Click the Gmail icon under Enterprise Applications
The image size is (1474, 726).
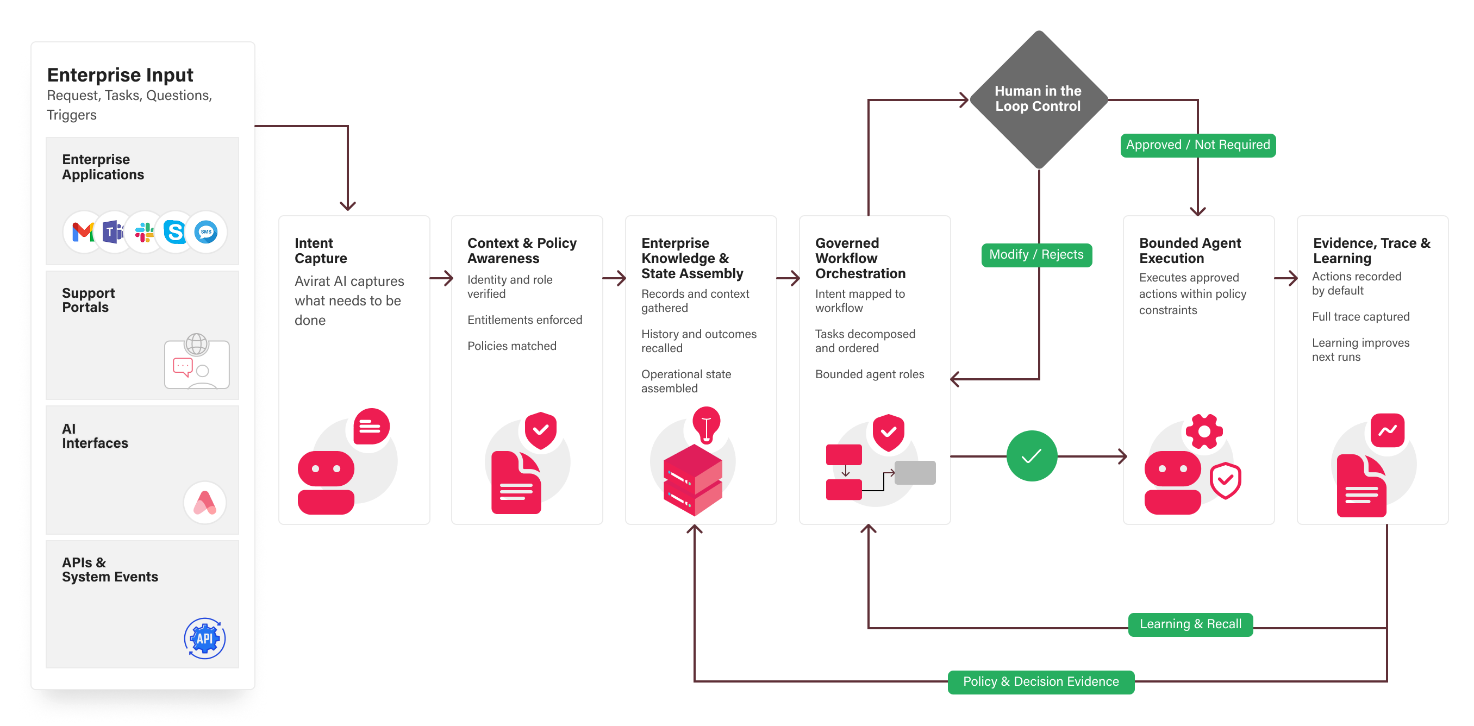[84, 231]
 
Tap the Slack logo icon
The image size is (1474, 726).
[144, 231]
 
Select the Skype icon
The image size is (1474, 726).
[174, 231]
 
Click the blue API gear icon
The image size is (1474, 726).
[205, 639]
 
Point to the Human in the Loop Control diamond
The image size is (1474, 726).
[1038, 99]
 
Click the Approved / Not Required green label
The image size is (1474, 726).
[1198, 145]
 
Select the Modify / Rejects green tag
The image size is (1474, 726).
[1036, 254]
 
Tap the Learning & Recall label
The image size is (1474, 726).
[1190, 624]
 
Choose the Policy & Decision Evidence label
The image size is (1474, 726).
[1041, 682]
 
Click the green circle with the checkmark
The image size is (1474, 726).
[1032, 456]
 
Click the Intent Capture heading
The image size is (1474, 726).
[321, 251]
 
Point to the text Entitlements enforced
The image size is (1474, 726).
[524, 320]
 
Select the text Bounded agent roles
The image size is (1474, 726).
[869, 374]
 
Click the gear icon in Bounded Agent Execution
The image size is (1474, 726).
[1204, 431]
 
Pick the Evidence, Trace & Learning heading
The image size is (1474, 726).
[1371, 251]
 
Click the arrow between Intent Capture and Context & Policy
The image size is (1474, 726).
[441, 279]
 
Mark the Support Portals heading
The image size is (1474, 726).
[89, 301]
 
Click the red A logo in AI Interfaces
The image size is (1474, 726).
[205, 502]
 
